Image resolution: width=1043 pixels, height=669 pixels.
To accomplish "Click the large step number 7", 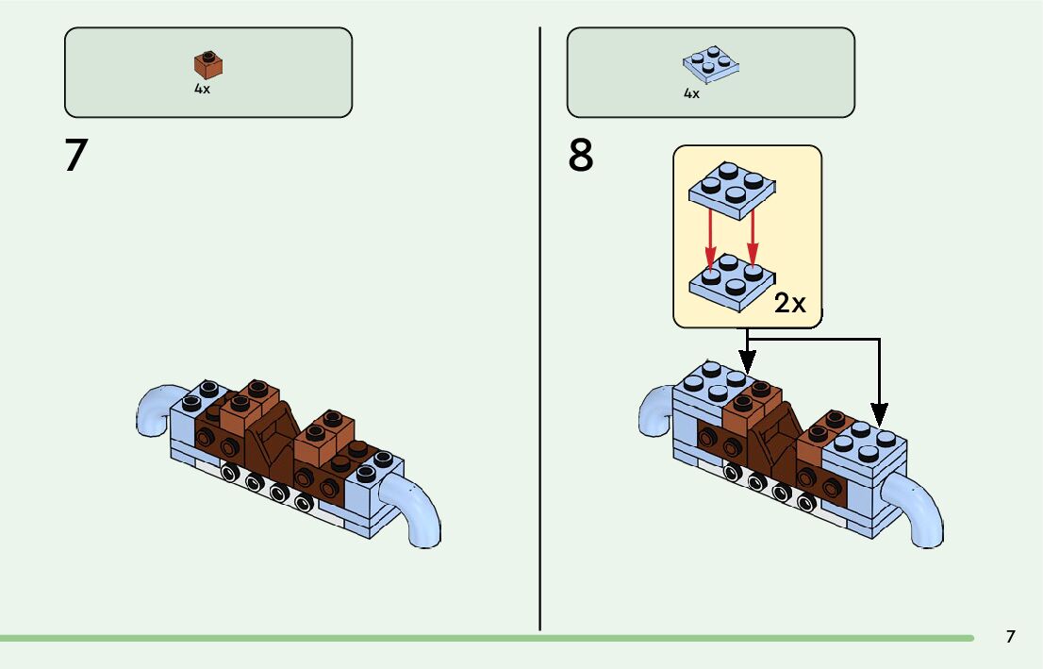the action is [x=75, y=155].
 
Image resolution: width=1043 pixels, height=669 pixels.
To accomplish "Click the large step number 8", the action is [x=581, y=156].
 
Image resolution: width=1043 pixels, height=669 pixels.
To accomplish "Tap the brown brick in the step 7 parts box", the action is [x=208, y=64].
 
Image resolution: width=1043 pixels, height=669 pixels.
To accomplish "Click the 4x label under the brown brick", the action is [x=202, y=89].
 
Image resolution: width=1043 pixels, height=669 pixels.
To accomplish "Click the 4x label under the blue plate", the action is [x=691, y=93].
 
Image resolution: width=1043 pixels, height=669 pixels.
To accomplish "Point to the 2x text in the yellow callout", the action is [x=789, y=303].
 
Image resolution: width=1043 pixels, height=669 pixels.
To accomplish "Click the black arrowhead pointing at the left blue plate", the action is [x=747, y=360].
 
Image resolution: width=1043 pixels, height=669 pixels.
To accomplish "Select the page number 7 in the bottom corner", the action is [x=1010, y=637].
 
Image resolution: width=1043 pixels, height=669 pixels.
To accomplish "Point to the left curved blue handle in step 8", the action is [x=655, y=412].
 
